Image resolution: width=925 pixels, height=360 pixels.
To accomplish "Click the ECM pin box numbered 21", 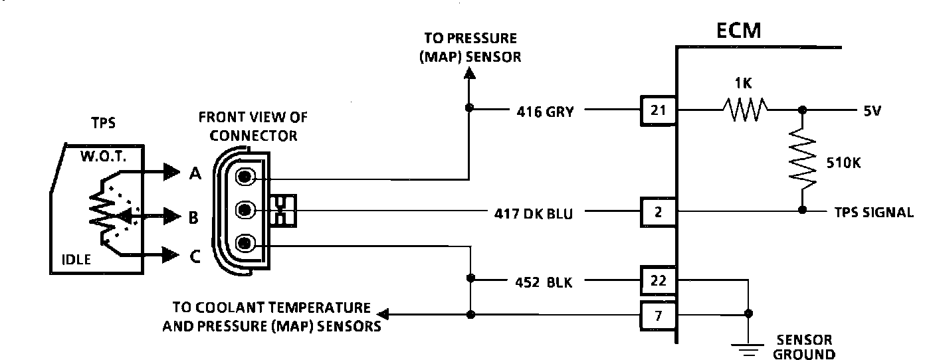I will pyautogui.click(x=658, y=110).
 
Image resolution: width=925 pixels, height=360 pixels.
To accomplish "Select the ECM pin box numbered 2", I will pyautogui.click(x=658, y=213).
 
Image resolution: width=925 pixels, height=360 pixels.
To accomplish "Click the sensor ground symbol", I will pyautogui.click(x=750, y=347).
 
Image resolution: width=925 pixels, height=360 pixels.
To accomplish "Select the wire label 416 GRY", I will pyautogui.click(x=545, y=112).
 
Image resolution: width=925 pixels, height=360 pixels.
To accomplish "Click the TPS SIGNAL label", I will pyautogui.click(x=874, y=213).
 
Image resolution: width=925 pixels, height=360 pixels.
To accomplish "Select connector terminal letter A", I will pyautogui.click(x=195, y=175).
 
